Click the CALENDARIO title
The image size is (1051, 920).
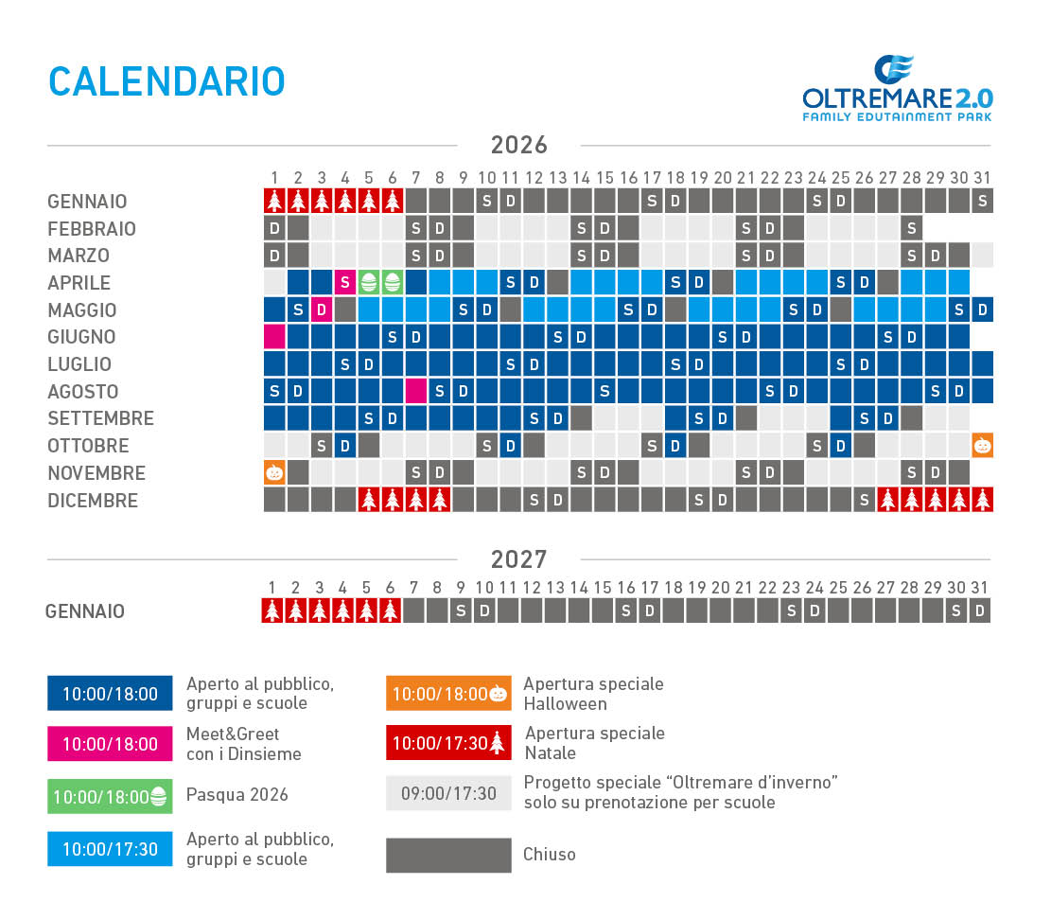tap(166, 81)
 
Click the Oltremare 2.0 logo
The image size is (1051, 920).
tap(898, 89)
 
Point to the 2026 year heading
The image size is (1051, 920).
tap(518, 145)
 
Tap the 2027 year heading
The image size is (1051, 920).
tap(518, 559)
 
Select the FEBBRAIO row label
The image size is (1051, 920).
tap(92, 229)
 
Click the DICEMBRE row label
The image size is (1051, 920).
tap(93, 501)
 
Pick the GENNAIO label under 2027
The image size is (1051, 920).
tap(85, 611)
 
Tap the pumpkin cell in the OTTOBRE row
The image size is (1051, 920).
tap(983, 445)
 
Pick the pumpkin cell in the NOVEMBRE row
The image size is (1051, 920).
tap(274, 472)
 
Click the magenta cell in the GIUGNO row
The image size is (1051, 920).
tap(274, 337)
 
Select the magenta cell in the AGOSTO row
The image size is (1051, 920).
tap(415, 391)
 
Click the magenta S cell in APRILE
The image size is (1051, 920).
tap(345, 282)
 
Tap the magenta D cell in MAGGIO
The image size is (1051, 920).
tap(322, 310)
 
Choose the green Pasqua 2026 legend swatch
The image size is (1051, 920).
tap(110, 796)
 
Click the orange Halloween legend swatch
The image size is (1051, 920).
tap(448, 694)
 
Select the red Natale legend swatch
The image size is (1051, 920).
tap(448, 743)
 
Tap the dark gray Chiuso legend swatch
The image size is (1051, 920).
tap(448, 855)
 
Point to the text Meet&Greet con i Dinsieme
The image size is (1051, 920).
tap(244, 744)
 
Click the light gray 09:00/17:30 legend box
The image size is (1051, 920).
tap(448, 793)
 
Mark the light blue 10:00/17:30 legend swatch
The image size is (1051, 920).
tap(110, 849)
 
